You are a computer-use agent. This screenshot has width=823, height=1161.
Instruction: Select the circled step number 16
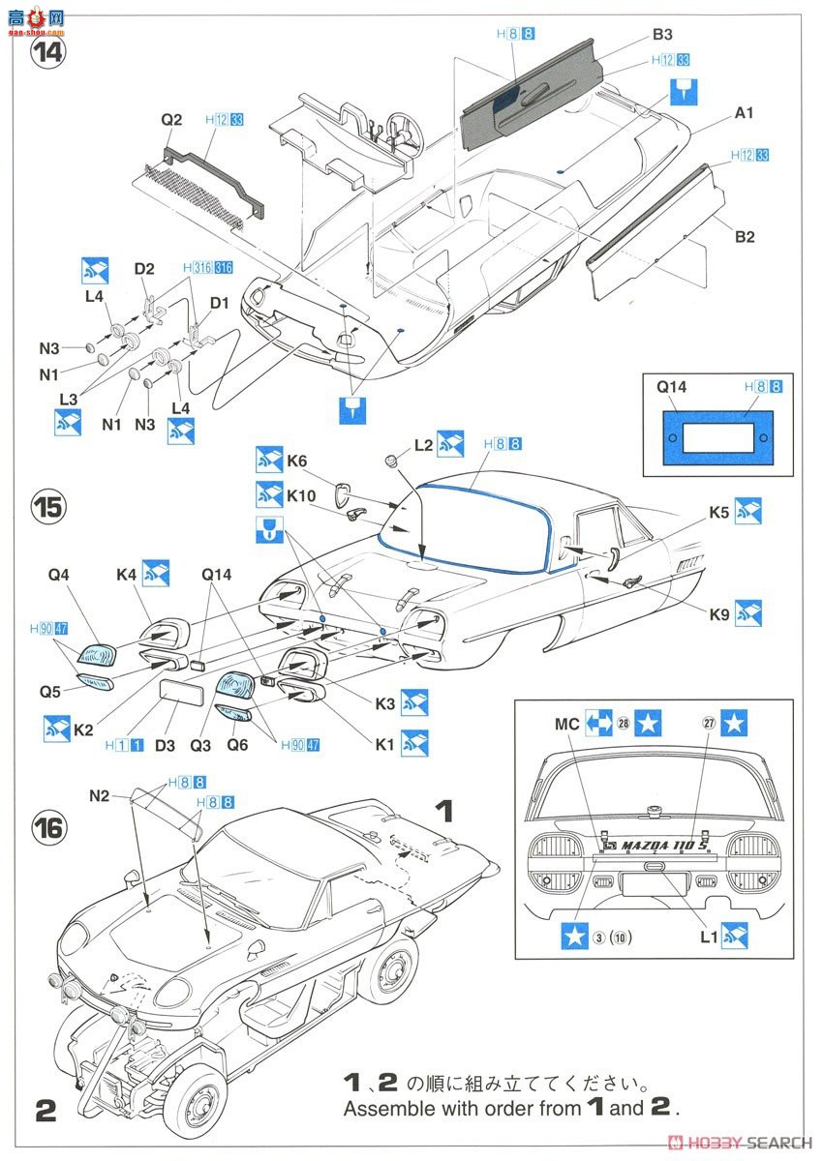pos(47,828)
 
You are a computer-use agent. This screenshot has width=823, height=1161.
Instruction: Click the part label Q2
pos(171,120)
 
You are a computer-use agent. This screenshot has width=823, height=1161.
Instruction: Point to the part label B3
pos(662,35)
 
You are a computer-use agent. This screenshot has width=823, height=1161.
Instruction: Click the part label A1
pos(744,113)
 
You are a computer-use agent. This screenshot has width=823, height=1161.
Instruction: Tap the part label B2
pos(744,236)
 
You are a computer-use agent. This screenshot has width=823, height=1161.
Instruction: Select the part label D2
pos(144,268)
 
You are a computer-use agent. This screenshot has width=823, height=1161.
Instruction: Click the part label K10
pos(301,495)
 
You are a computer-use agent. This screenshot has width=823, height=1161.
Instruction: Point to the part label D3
pos(166,746)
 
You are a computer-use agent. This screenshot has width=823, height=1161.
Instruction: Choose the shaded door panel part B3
pos(528,92)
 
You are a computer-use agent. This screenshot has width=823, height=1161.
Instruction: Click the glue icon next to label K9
pos(747,612)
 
